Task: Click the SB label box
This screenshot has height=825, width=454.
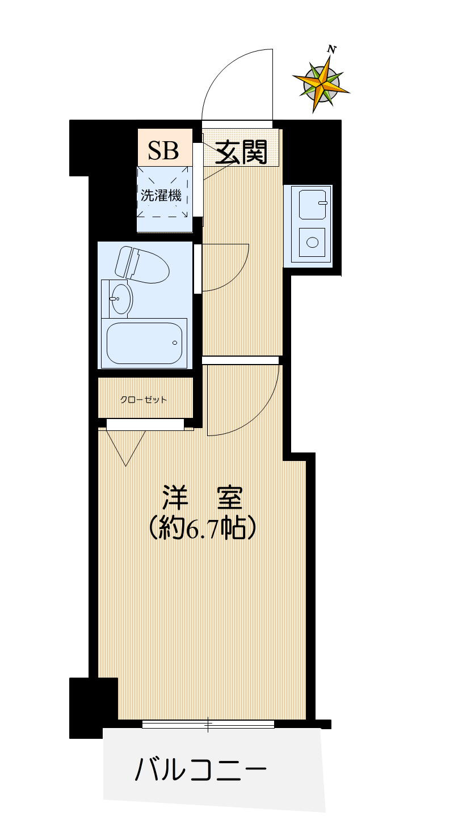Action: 163,150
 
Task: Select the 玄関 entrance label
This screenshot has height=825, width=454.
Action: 241,152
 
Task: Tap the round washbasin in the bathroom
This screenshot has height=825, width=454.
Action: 120,298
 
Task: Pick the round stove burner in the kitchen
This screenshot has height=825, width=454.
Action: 312,242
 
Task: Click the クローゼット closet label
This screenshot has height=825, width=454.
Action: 144,400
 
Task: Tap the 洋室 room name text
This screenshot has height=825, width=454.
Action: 203,498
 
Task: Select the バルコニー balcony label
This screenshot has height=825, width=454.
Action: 200,770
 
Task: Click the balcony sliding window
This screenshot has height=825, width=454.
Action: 208,724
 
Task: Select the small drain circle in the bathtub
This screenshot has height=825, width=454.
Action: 175,342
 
